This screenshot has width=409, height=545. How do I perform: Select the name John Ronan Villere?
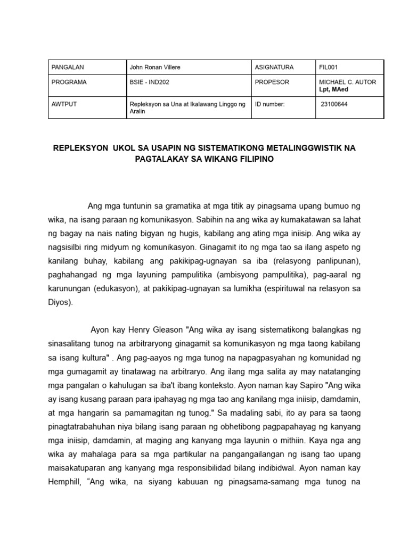[154, 68]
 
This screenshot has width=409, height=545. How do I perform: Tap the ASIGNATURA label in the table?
[274, 68]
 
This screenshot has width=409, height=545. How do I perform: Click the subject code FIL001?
[328, 68]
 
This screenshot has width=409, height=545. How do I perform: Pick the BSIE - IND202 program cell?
[149, 82]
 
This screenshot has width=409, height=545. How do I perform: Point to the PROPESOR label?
[272, 82]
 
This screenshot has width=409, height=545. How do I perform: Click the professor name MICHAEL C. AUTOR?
[347, 82]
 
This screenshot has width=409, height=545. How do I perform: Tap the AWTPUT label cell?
[64, 104]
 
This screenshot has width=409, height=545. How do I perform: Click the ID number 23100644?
[334, 104]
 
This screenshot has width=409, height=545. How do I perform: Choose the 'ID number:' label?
[270, 104]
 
